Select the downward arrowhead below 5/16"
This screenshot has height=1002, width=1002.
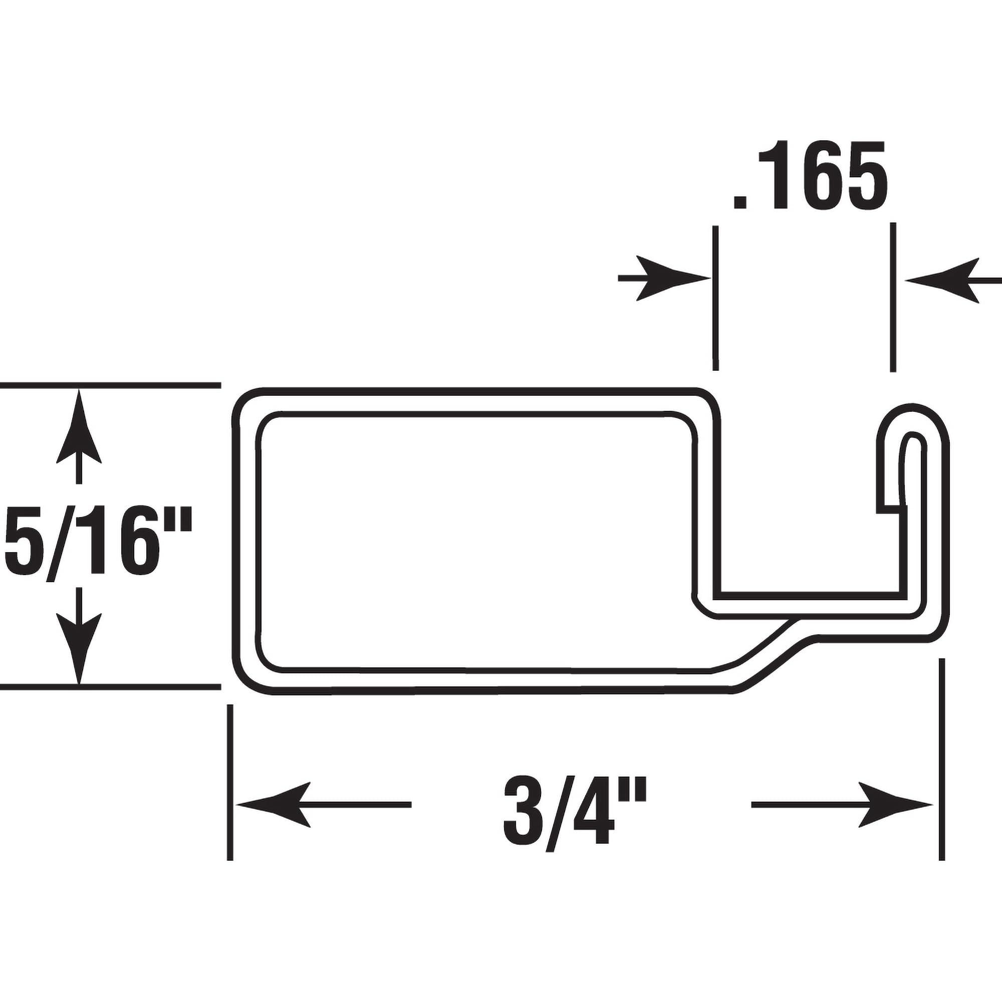coord(79,653)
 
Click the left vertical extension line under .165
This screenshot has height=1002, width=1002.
coord(716,298)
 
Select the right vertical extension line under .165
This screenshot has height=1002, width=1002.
coord(893,298)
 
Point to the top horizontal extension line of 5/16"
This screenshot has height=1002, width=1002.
coord(109,385)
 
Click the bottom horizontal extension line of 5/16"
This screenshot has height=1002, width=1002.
coord(109,688)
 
